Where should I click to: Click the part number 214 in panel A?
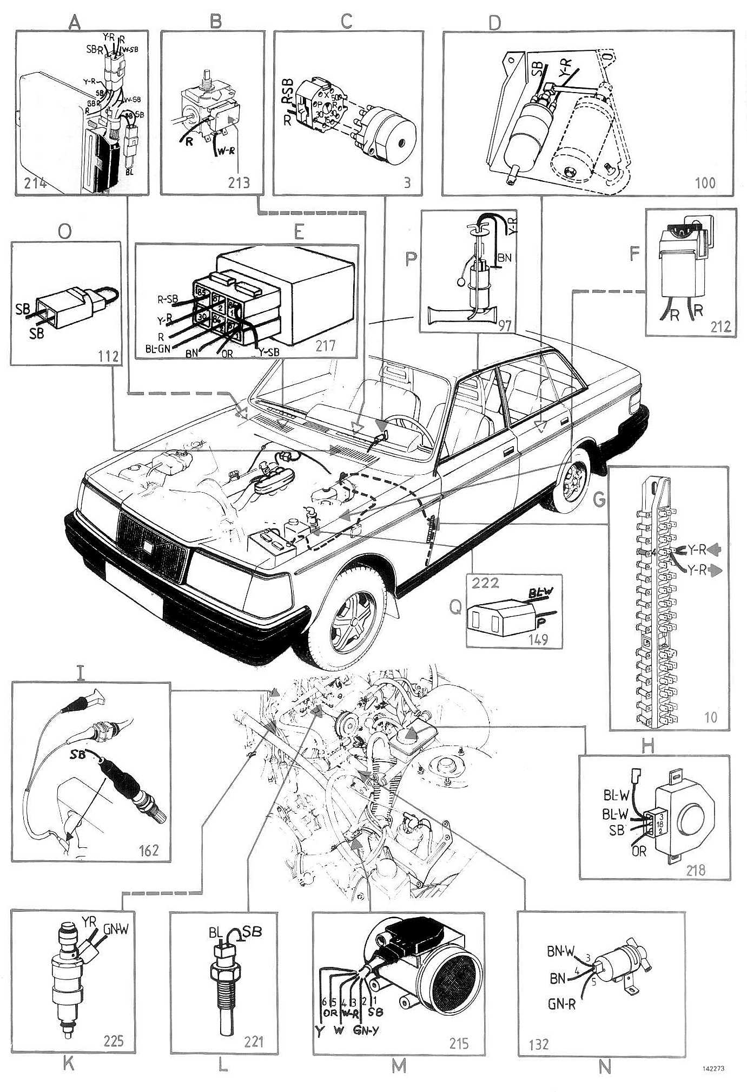click(35, 183)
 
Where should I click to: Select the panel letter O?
click(64, 231)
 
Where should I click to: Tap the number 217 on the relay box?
click(326, 345)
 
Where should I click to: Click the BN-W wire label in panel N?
click(561, 951)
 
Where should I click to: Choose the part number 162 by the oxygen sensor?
click(149, 850)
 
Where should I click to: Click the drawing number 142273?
click(713, 1069)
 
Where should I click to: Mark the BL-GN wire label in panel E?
click(157, 349)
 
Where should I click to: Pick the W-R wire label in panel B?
click(226, 152)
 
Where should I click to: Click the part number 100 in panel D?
click(705, 183)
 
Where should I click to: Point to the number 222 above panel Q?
click(485, 583)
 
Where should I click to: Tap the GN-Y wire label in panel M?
click(366, 1030)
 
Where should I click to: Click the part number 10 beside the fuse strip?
click(710, 717)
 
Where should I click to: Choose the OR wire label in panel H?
click(639, 851)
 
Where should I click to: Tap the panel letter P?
click(411, 259)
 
